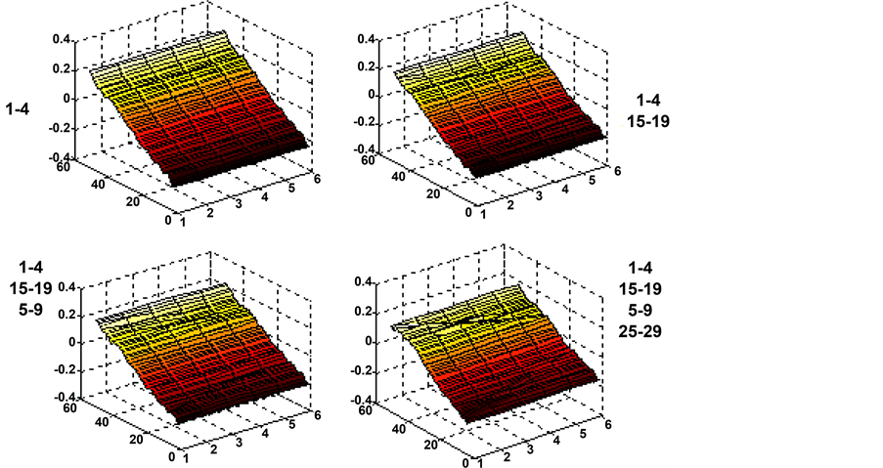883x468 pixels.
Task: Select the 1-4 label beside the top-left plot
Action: point(17,108)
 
